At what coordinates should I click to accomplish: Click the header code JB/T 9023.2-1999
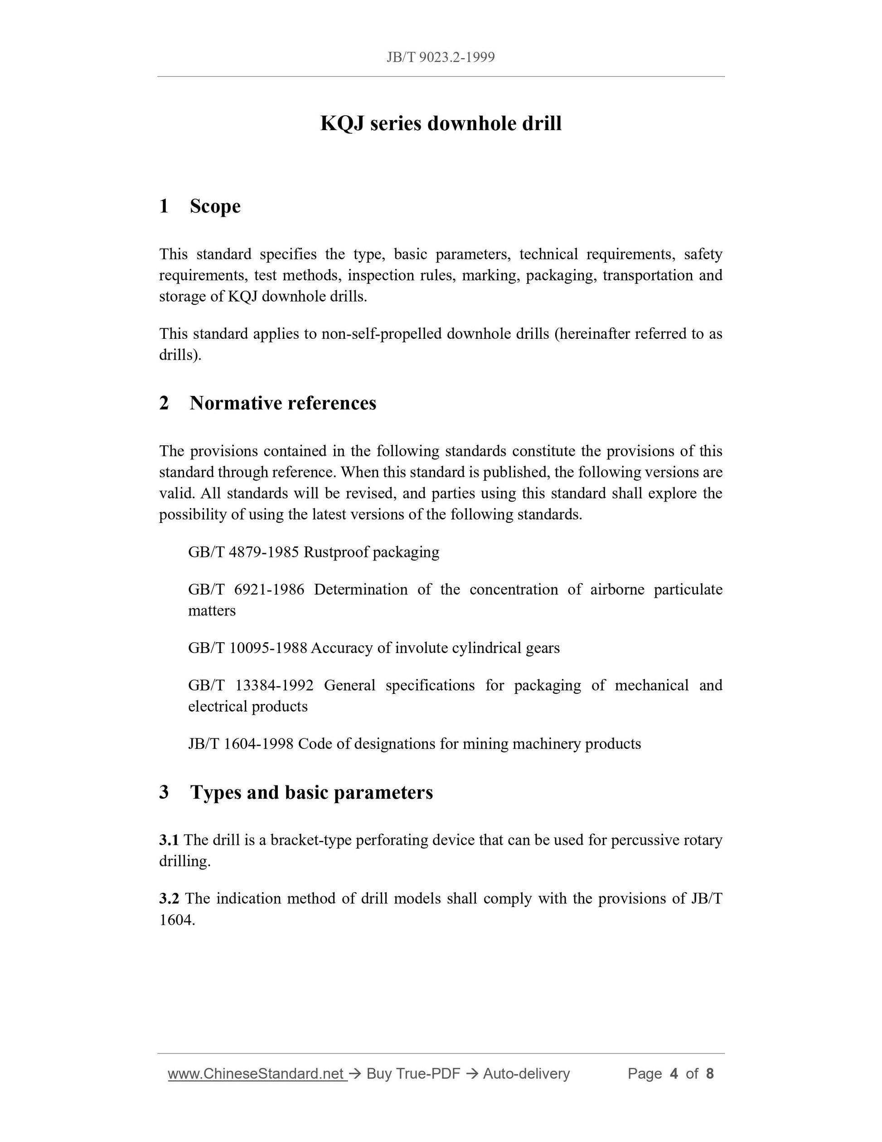(x=441, y=57)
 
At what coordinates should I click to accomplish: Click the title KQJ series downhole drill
(x=441, y=123)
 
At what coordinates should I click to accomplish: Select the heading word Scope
(x=215, y=206)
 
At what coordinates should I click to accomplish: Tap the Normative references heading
(x=283, y=403)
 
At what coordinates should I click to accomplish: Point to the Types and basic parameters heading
(x=311, y=792)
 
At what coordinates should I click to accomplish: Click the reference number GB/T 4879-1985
(x=243, y=552)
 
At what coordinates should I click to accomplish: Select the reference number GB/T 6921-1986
(x=246, y=589)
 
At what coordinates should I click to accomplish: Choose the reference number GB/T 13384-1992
(x=251, y=685)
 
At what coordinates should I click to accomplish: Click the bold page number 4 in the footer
(x=674, y=1074)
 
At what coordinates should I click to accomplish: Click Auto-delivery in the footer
(x=526, y=1074)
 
